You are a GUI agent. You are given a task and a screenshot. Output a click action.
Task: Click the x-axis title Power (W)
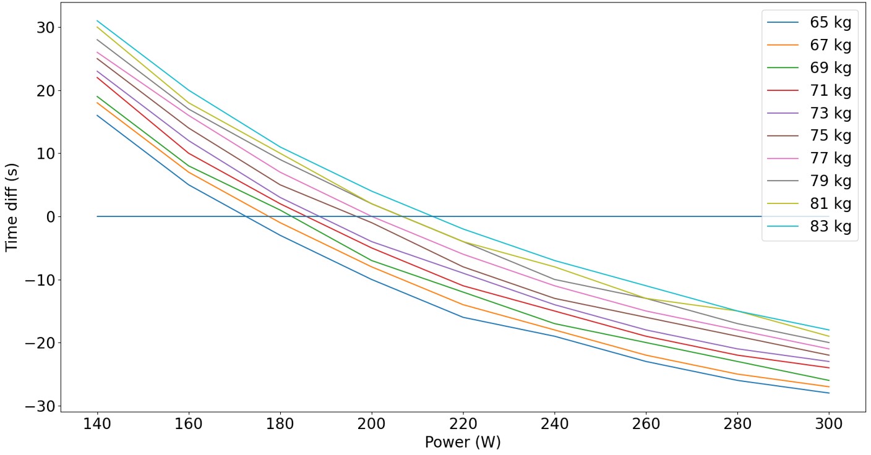coord(462,443)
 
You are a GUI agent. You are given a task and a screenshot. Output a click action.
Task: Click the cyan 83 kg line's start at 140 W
coord(97,20)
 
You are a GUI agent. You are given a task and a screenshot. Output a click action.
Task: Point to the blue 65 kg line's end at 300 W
coord(828,393)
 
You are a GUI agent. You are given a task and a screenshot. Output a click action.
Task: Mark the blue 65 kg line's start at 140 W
coord(97,115)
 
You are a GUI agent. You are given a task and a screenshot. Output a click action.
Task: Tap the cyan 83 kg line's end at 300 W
coord(828,330)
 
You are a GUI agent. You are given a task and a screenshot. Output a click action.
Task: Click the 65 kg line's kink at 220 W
coord(463,317)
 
